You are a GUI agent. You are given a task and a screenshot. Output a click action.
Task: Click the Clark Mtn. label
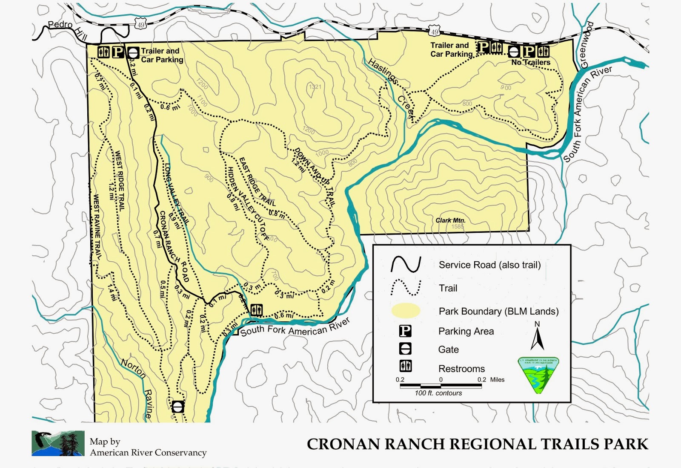coord(450,220)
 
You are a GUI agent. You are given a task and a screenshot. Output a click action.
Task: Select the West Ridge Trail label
coord(120,181)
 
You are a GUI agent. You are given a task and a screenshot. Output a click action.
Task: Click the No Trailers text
coord(531,62)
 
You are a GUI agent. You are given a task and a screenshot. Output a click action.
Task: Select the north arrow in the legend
coord(537,337)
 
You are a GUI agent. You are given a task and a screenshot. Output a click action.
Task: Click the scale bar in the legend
coord(441,386)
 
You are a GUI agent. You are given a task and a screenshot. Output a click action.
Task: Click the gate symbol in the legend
coord(405,349)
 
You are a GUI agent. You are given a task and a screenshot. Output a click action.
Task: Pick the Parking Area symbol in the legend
coord(405,331)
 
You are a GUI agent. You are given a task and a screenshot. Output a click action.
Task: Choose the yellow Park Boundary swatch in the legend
coord(406,311)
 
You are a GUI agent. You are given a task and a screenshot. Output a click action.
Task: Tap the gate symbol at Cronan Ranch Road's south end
coord(177,406)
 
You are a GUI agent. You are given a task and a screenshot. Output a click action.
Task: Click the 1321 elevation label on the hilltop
coord(315,87)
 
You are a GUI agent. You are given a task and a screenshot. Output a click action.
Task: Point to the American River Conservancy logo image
coord(58,443)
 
